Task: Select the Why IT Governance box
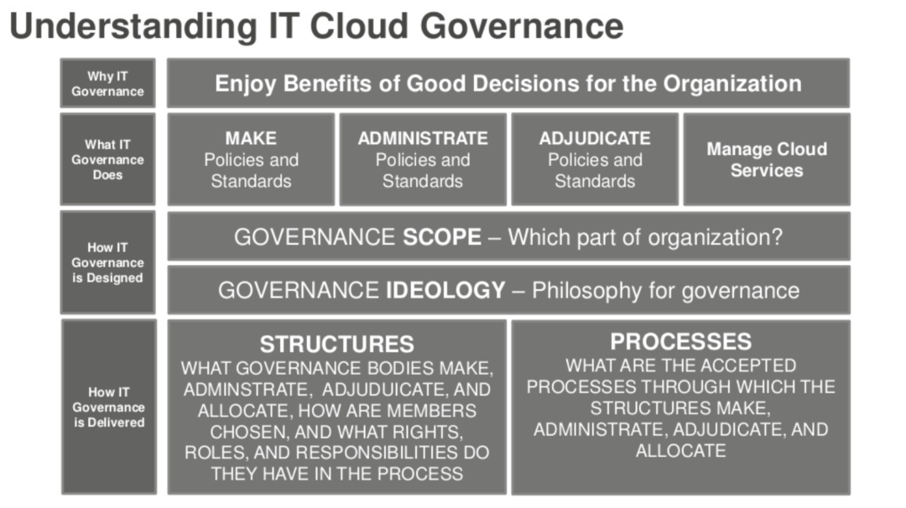click(108, 83)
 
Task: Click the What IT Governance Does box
click(108, 159)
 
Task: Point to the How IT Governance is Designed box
click(108, 262)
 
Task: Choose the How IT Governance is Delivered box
click(108, 407)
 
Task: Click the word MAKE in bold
click(251, 138)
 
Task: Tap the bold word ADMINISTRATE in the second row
click(422, 138)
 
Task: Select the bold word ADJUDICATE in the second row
click(595, 138)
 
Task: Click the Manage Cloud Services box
click(767, 159)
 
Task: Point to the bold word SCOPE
click(442, 237)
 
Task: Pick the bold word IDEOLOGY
click(445, 290)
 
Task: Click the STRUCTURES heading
click(337, 344)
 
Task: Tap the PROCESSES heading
click(680, 342)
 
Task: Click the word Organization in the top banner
click(732, 85)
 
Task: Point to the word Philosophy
click(586, 291)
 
